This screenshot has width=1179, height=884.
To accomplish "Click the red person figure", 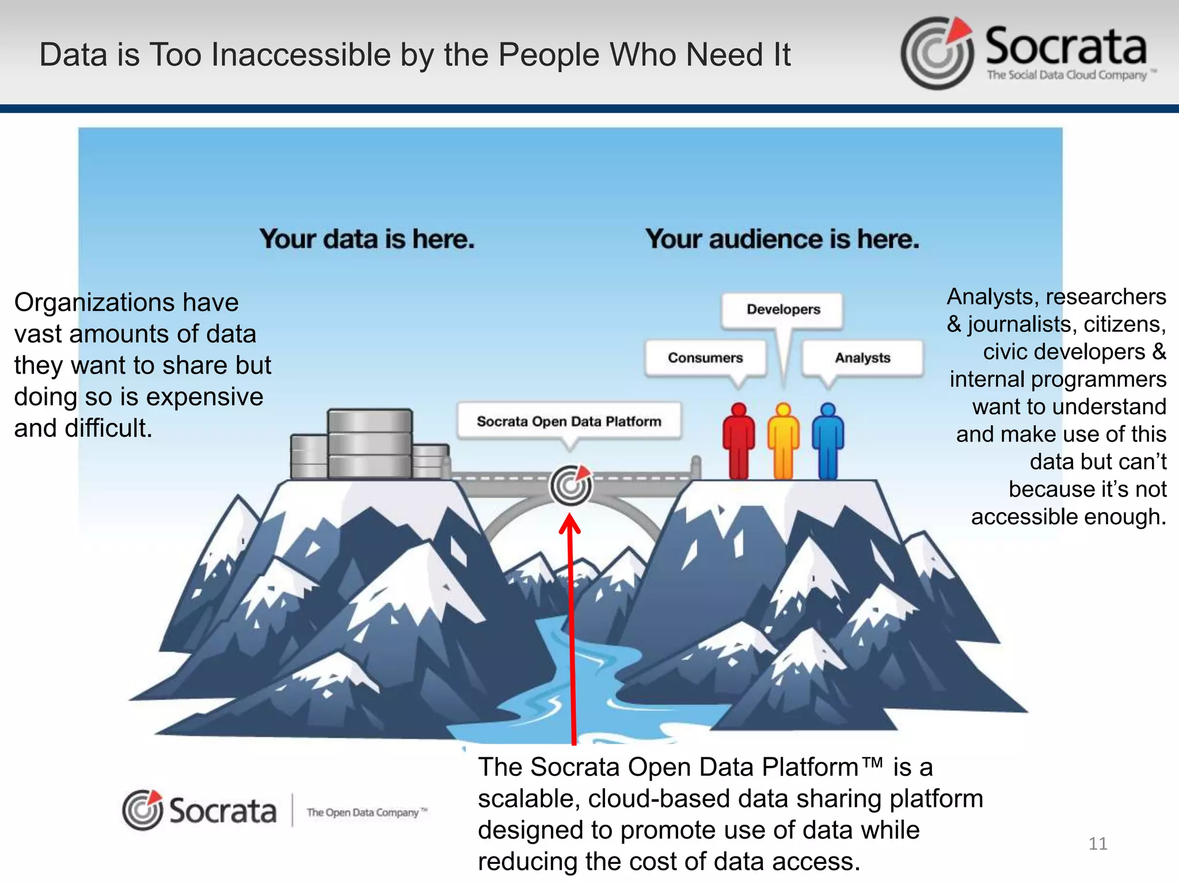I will pos(738,441).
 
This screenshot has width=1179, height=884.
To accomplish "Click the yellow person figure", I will pos(783,441).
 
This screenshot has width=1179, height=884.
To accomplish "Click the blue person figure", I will pos(828,441).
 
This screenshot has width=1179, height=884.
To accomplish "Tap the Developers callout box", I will pos(783,310).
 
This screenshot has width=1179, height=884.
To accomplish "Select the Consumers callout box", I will pos(705,358).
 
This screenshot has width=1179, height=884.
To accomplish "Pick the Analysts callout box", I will pos(862,358).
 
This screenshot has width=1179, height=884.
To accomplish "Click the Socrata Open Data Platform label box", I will pos(569,421).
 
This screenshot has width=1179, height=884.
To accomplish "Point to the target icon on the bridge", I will pos(571,485).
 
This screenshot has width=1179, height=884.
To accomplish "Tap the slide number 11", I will pos(1098,844).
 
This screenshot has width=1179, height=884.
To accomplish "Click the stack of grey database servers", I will pos(370,444).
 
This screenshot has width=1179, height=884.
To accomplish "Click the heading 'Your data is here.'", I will pos(367,239).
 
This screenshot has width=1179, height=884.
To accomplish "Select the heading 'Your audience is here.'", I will pos(782,239).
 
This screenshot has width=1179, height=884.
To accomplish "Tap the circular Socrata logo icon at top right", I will pos(937,53).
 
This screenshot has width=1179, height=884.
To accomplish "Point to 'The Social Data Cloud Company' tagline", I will pos(1067,75).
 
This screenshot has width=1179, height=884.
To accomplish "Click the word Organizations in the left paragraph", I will pos(93,303).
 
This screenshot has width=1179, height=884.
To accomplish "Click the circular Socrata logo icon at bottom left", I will pos(142,810).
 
